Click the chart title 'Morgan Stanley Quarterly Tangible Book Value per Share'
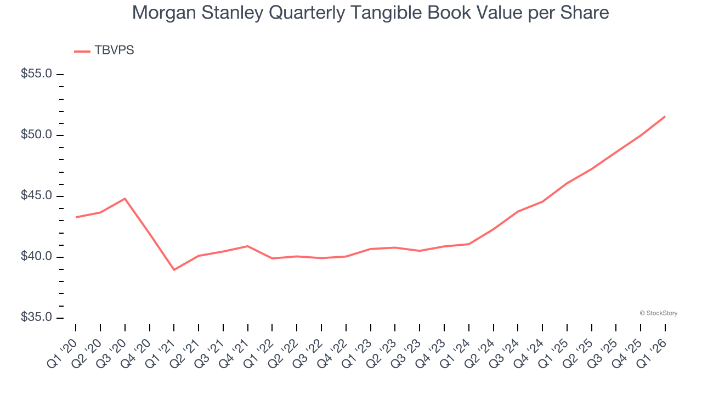click(370, 13)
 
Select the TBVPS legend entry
click(104, 50)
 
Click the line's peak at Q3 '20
click(125, 199)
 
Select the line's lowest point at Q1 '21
click(174, 270)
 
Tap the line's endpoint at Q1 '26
click(665, 116)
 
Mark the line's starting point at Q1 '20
click(76, 217)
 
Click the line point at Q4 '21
click(247, 246)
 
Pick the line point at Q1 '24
click(469, 244)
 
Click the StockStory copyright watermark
click(658, 313)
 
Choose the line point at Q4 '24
click(542, 202)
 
